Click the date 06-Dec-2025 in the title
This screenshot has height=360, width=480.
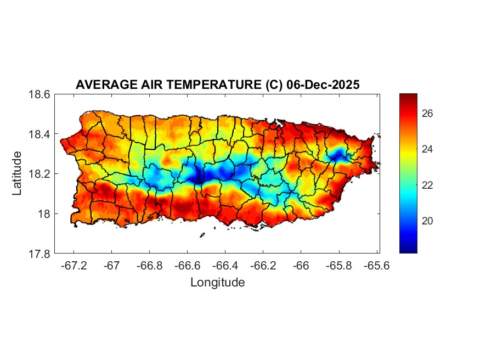[x=323, y=85]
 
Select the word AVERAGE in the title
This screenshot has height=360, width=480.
[x=101, y=85]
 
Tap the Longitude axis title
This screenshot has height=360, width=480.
[x=217, y=283]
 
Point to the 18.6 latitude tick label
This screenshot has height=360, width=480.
[x=40, y=94]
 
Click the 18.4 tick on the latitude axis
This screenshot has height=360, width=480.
[x=40, y=134]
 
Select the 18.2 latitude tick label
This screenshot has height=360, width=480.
[x=40, y=174]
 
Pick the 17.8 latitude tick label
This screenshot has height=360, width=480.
[x=40, y=254]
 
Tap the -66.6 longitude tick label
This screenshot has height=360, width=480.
[x=187, y=266]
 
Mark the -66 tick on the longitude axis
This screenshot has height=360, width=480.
[x=301, y=266]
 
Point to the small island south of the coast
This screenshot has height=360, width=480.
[x=202, y=235]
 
